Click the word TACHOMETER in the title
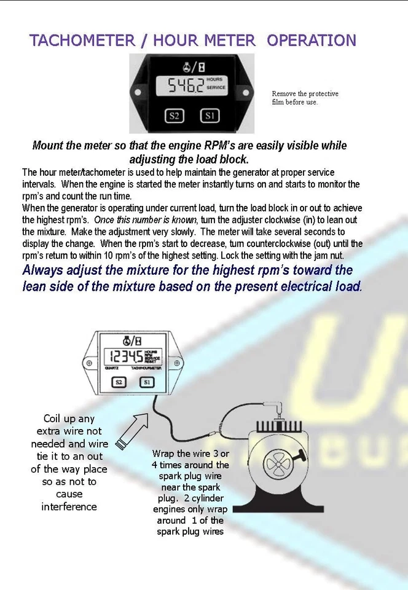point(82,41)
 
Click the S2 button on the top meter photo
point(175,115)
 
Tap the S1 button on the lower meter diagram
point(146,382)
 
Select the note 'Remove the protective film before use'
point(305,98)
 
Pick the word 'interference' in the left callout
point(69,507)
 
